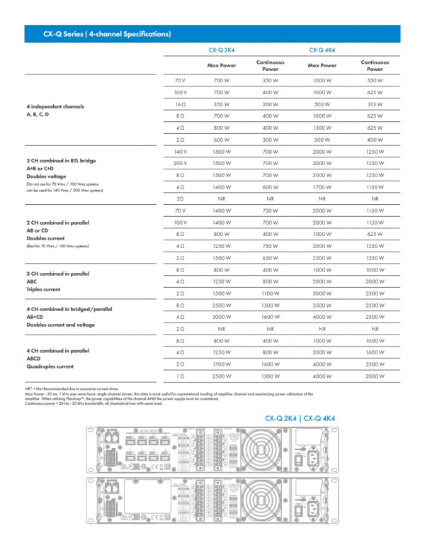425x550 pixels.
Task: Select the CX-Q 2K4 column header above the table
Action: (221, 50)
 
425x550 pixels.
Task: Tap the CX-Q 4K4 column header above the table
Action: (322, 50)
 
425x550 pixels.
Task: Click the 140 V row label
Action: (179, 152)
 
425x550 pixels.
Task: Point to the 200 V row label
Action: (179, 163)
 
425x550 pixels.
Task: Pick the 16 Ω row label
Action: (180, 103)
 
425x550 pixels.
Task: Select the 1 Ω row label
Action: (180, 375)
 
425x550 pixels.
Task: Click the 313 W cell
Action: (375, 103)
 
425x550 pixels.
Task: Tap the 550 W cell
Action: (375, 81)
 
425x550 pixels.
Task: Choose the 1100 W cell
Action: (270, 293)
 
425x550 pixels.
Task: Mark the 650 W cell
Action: (270, 258)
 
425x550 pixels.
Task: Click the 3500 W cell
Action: (322, 305)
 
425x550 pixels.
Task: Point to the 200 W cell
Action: (270, 103)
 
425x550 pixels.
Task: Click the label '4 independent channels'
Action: (55, 106)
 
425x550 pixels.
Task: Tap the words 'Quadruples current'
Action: (50, 366)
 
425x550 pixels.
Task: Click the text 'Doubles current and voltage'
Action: (60, 325)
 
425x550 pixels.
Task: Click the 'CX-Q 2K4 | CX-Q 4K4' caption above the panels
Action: (300, 418)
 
